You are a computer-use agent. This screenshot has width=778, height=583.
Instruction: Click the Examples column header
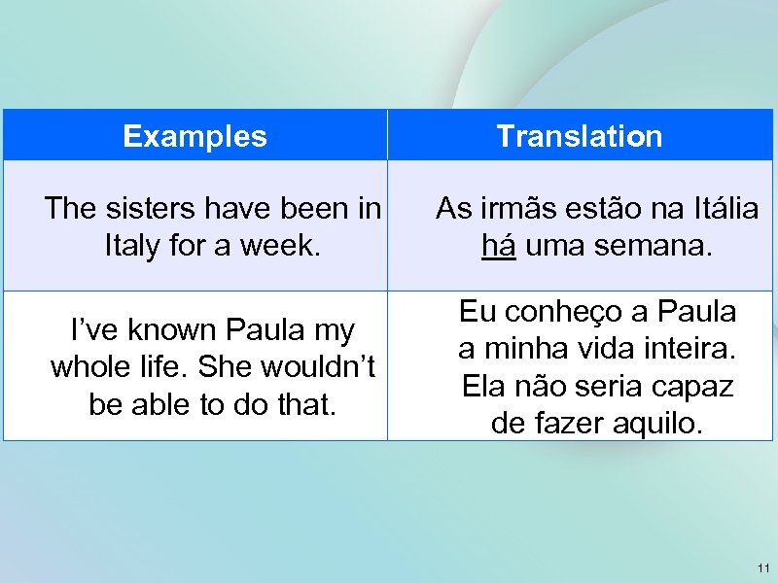pyautogui.click(x=194, y=136)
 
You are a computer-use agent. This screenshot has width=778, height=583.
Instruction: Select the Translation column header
pyautogui.click(x=579, y=136)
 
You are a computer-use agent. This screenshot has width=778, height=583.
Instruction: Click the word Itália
pyautogui.click(x=712, y=208)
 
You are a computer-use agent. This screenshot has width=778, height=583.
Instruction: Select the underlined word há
pyautogui.click(x=499, y=245)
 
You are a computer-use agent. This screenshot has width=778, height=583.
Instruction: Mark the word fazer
pyautogui.click(x=571, y=422)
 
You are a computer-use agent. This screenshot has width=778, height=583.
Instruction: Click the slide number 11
pyautogui.click(x=762, y=567)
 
